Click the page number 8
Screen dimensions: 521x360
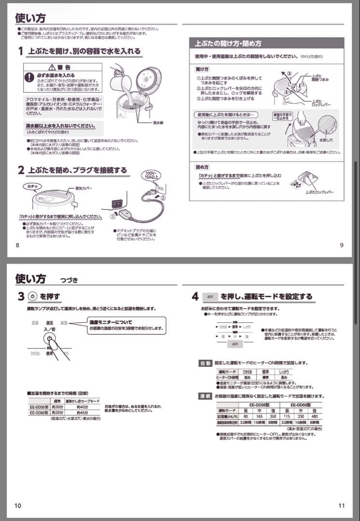(x=18, y=245)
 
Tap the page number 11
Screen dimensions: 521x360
(x=341, y=505)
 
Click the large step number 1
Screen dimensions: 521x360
(x=21, y=51)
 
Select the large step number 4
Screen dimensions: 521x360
(x=194, y=296)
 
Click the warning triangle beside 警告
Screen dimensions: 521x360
(x=53, y=67)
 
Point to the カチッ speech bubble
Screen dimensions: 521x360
(x=32, y=186)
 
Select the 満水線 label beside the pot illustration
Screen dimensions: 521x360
(x=157, y=123)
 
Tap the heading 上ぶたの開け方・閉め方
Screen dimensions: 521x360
(x=228, y=43)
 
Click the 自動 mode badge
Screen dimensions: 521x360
(x=205, y=363)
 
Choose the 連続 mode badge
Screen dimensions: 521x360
(x=205, y=396)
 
